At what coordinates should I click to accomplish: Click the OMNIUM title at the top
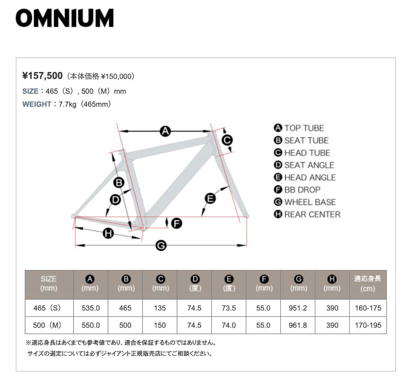(64, 18)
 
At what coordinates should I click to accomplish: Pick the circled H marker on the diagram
(108, 234)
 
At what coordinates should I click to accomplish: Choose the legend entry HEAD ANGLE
(305, 177)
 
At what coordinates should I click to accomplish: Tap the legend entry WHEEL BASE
(305, 202)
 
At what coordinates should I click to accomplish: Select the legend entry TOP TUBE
(299, 128)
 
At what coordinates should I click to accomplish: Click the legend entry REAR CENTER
(307, 214)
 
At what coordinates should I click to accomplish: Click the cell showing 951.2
(298, 308)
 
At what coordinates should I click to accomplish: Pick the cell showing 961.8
(298, 325)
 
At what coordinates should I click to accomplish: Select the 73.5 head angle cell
(229, 308)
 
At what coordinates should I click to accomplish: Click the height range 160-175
(367, 308)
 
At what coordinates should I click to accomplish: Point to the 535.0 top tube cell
(91, 308)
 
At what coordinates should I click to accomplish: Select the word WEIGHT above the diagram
(36, 103)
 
